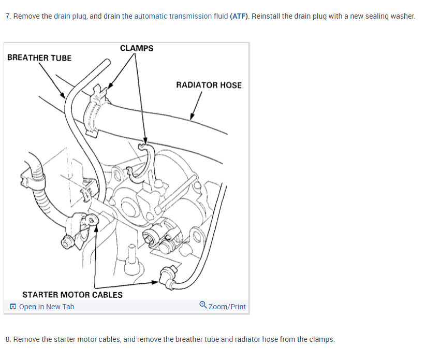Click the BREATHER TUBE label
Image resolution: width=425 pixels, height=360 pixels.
(39, 58)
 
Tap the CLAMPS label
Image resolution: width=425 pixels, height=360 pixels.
(137, 48)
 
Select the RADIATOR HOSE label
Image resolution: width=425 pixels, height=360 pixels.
(209, 85)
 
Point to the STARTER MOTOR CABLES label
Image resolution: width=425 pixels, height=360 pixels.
(72, 295)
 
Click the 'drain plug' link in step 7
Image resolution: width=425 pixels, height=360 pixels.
(70, 16)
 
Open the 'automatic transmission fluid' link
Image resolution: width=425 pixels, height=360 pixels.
(181, 16)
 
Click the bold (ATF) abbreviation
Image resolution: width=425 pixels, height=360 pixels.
(239, 16)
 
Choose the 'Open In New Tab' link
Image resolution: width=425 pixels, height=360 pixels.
(47, 307)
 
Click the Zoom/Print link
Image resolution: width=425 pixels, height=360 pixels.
(227, 307)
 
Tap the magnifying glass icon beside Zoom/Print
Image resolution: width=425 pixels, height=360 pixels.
(203, 305)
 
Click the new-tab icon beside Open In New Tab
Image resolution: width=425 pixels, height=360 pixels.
(13, 306)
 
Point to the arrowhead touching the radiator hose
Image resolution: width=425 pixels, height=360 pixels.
(192, 117)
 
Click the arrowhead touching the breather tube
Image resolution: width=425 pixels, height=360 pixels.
(63, 95)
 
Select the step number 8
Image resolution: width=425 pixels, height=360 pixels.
(8, 339)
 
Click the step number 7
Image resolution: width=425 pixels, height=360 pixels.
(8, 16)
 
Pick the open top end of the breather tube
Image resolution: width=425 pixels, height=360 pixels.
(108, 62)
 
